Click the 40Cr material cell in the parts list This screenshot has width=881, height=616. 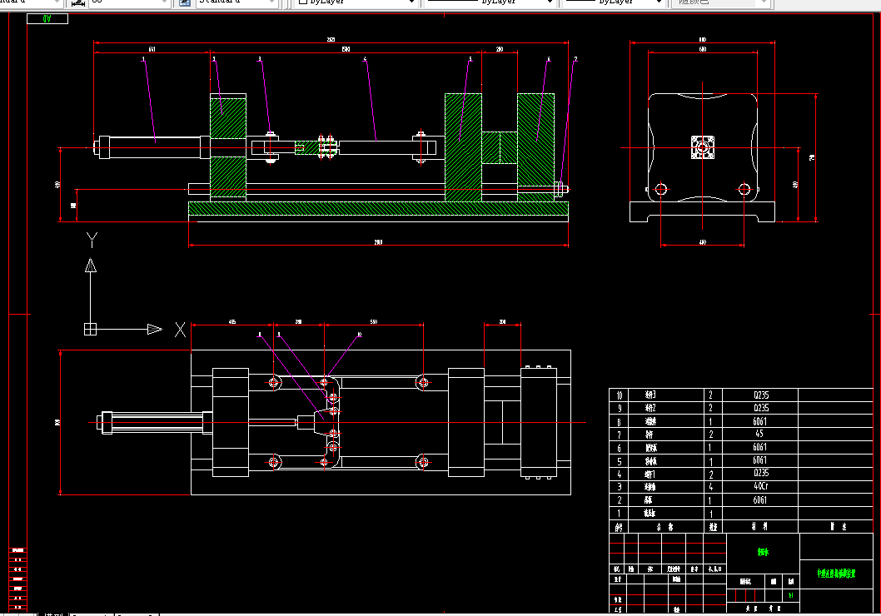pos(761,486)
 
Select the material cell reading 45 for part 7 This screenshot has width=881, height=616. pos(761,435)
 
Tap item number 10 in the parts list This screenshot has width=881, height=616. pos(618,395)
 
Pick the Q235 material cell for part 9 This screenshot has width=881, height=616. pos(761,409)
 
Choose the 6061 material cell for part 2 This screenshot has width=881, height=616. pos(761,500)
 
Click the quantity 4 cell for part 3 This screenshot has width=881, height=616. pos(711,486)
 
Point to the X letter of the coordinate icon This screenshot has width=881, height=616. pos(180,330)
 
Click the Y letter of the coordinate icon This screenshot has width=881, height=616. pos(92,240)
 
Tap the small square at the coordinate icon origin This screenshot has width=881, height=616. pos(91,329)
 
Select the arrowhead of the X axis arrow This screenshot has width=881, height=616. pos(155,329)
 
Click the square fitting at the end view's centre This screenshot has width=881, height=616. pos(704,148)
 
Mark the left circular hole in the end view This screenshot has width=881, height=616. pos(661,190)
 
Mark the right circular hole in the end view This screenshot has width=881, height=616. pos(744,190)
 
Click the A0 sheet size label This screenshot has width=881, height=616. pos(47,18)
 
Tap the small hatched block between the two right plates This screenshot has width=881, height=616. pos(500,148)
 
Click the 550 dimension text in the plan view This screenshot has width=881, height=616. pos(373,321)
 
